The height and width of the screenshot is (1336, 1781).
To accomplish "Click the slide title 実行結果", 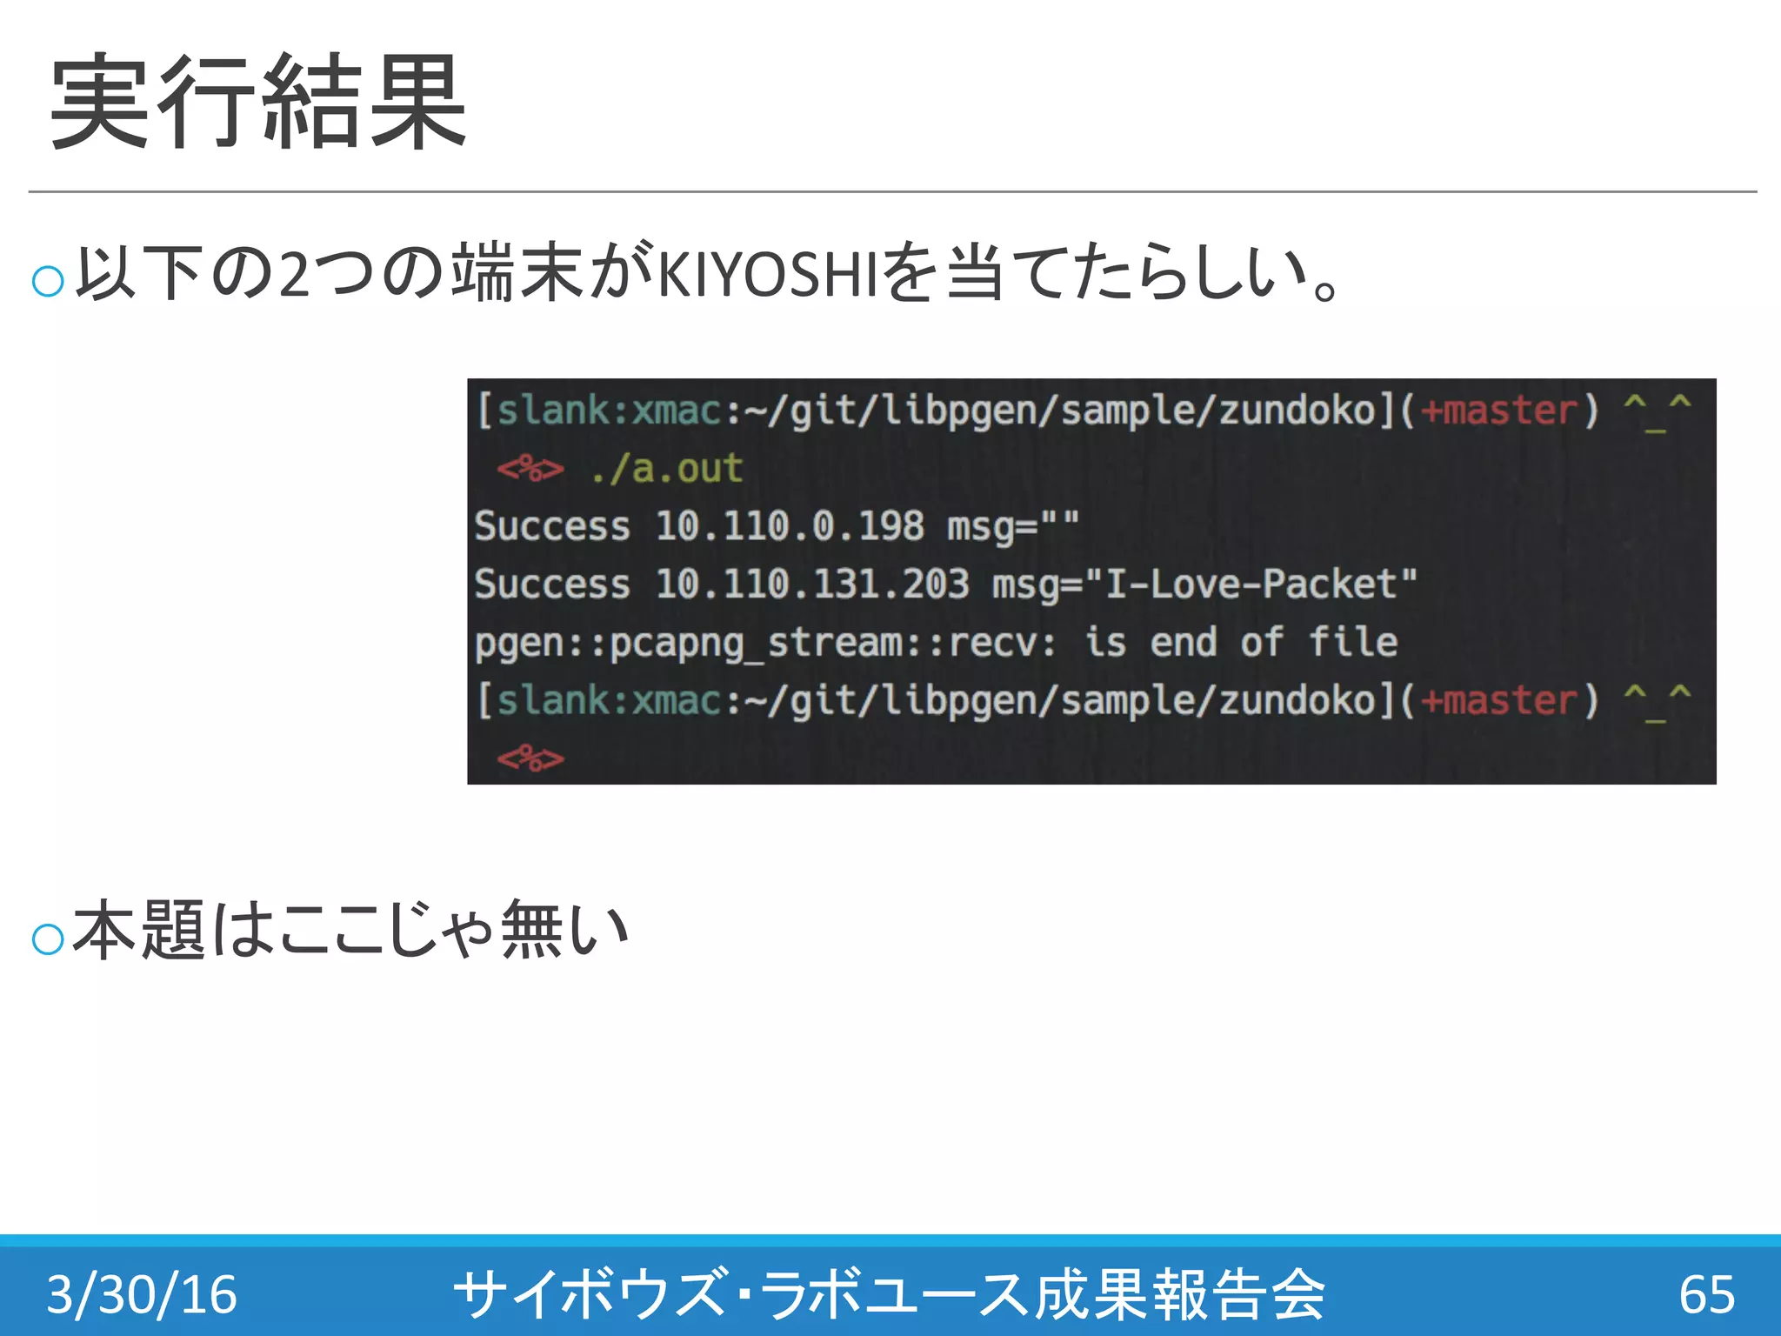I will click(259, 101).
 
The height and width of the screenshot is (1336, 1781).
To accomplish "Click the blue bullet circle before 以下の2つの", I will click(48, 281).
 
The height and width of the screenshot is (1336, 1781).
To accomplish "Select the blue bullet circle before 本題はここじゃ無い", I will click(48, 939).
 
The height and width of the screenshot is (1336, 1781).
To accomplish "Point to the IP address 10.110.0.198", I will click(790, 526).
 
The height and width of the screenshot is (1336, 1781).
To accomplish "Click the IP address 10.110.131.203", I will click(812, 584).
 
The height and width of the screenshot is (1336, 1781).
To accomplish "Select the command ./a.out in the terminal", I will click(666, 469).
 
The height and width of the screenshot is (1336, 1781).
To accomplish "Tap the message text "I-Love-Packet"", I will click(1261, 584).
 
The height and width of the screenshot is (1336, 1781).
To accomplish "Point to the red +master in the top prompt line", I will click(1499, 411).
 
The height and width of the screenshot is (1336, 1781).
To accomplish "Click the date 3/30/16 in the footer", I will click(142, 1293).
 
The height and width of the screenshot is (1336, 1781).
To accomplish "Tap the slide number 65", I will click(1706, 1293).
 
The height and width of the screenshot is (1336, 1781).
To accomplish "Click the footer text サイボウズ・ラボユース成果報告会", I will click(889, 1293).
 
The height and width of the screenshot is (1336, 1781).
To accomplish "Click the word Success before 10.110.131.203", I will click(552, 584).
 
